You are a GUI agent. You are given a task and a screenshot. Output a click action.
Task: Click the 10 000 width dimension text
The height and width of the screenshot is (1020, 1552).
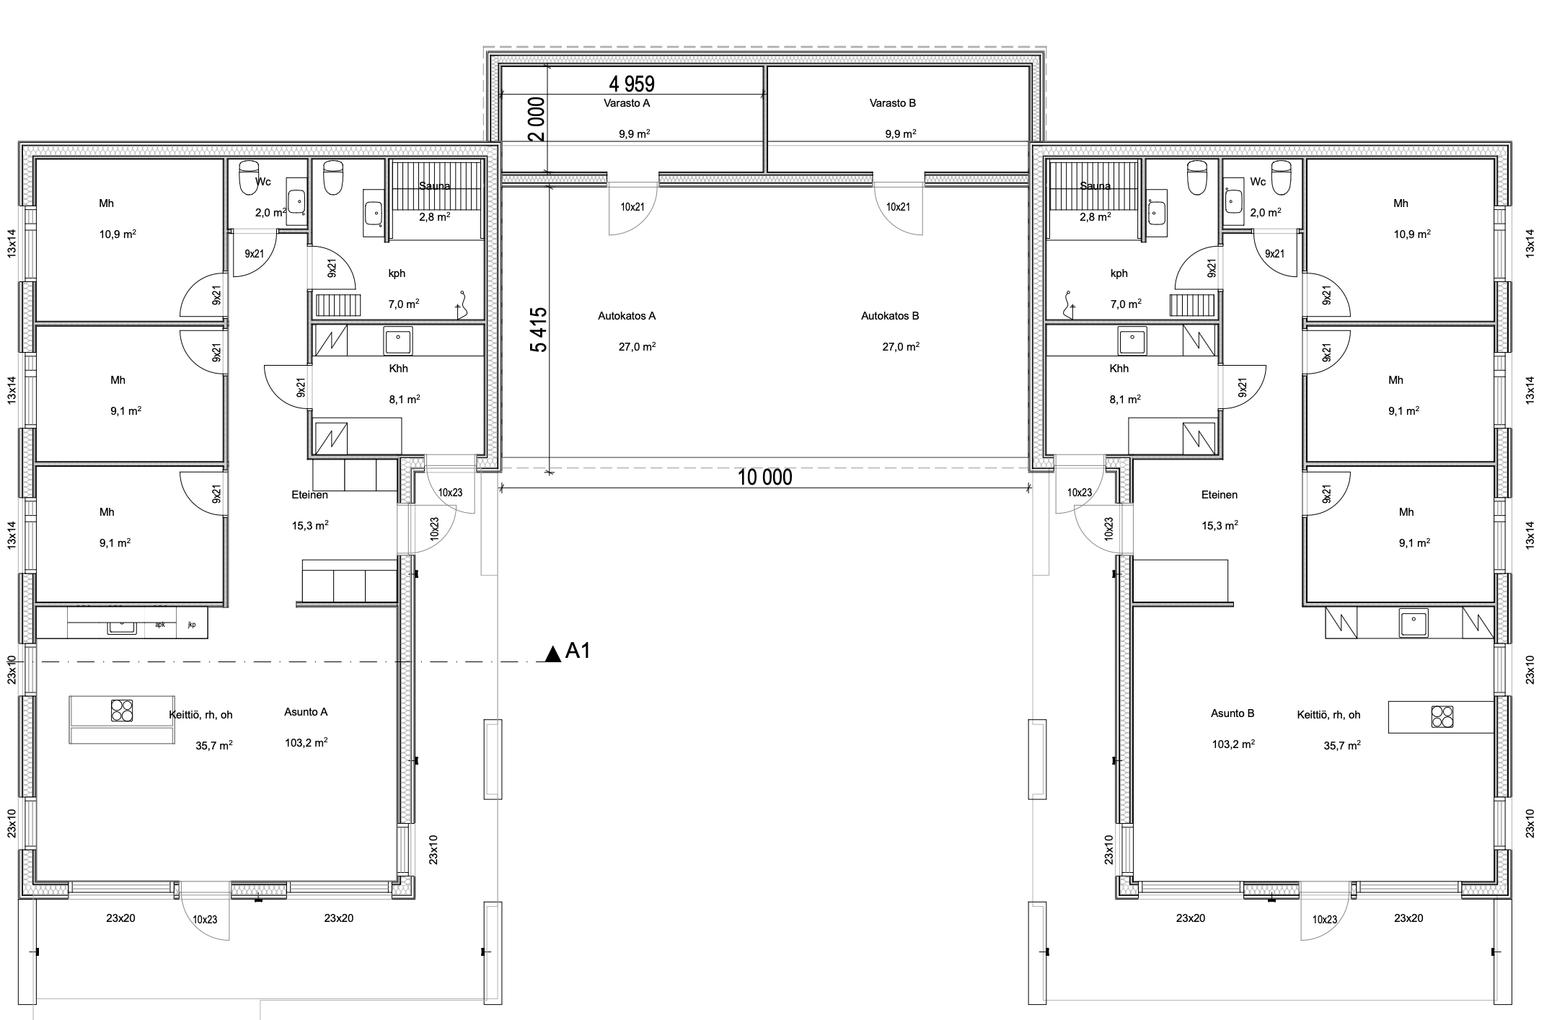click(x=764, y=478)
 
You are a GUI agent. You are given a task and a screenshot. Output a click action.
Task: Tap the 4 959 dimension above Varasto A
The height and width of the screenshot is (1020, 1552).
click(x=632, y=84)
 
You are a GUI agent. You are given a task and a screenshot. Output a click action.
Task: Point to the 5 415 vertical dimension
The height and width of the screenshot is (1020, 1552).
click(x=538, y=330)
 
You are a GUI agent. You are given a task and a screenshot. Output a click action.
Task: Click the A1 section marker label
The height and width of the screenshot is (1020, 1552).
click(x=578, y=651)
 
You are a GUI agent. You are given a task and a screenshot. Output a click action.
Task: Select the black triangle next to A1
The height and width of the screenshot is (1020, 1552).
click(x=553, y=654)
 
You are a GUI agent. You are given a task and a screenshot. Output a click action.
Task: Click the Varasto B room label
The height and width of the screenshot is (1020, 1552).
click(x=893, y=103)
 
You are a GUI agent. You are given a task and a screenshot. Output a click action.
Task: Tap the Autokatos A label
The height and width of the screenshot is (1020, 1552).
click(x=627, y=316)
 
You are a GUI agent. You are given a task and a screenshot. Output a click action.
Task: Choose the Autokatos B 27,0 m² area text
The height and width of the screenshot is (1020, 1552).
click(x=901, y=346)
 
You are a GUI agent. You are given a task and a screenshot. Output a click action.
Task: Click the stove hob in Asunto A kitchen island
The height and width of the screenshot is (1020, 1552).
click(x=122, y=711)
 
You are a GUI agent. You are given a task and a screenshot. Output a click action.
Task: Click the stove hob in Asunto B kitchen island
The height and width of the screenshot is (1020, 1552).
click(x=1442, y=716)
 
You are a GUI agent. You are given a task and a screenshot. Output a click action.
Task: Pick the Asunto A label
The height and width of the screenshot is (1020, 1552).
click(x=306, y=712)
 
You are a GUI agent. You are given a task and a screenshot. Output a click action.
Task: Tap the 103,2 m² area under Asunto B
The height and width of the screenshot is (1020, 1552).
click(x=1233, y=744)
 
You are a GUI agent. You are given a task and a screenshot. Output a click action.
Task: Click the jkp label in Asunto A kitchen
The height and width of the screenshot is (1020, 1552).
click(x=192, y=625)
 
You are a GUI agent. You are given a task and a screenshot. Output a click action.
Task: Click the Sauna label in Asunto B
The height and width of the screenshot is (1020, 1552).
click(x=1095, y=186)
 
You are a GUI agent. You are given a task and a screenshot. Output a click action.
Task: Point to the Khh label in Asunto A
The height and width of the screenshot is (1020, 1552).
click(x=398, y=369)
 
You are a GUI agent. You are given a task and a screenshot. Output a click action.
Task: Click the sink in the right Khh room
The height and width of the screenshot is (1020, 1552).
click(x=1132, y=341)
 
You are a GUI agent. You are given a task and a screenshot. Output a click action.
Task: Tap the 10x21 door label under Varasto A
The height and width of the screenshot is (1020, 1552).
click(x=632, y=207)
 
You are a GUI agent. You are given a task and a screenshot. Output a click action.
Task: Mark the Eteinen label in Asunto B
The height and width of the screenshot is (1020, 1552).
click(x=1220, y=495)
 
